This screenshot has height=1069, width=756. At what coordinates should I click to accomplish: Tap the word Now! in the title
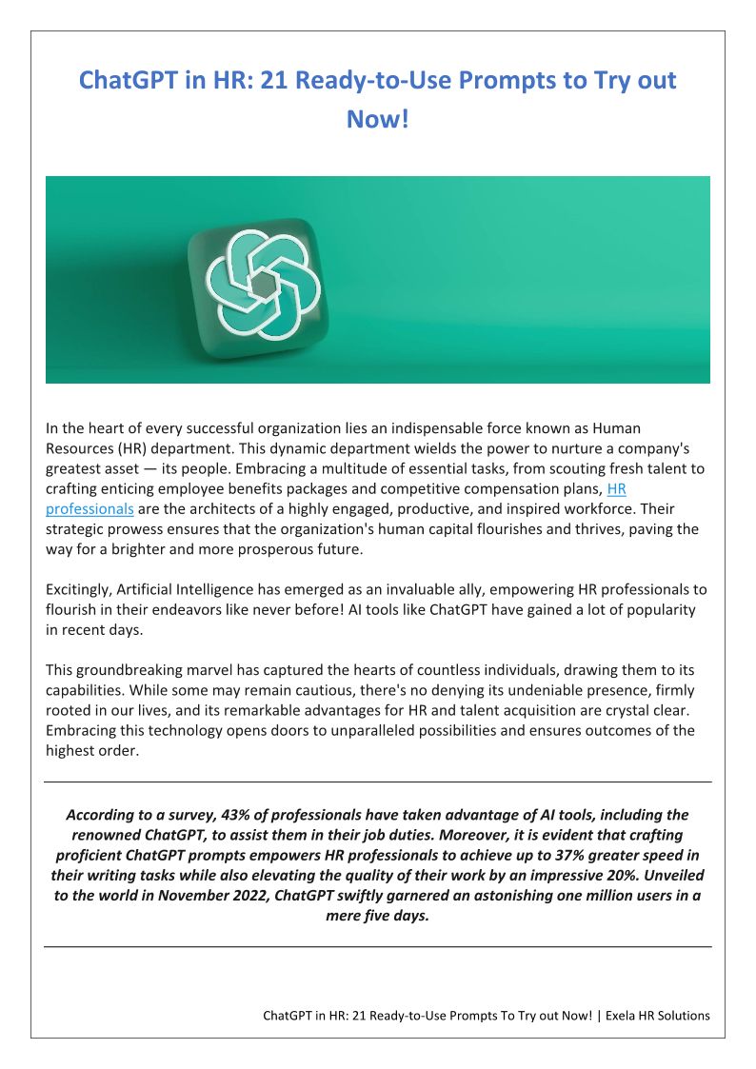[x=377, y=121]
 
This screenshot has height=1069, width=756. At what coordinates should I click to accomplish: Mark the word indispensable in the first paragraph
[x=428, y=428]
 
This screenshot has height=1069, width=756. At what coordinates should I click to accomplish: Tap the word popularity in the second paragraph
[x=637, y=609]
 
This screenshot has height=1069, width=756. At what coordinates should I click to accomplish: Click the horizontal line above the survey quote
[x=378, y=782]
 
